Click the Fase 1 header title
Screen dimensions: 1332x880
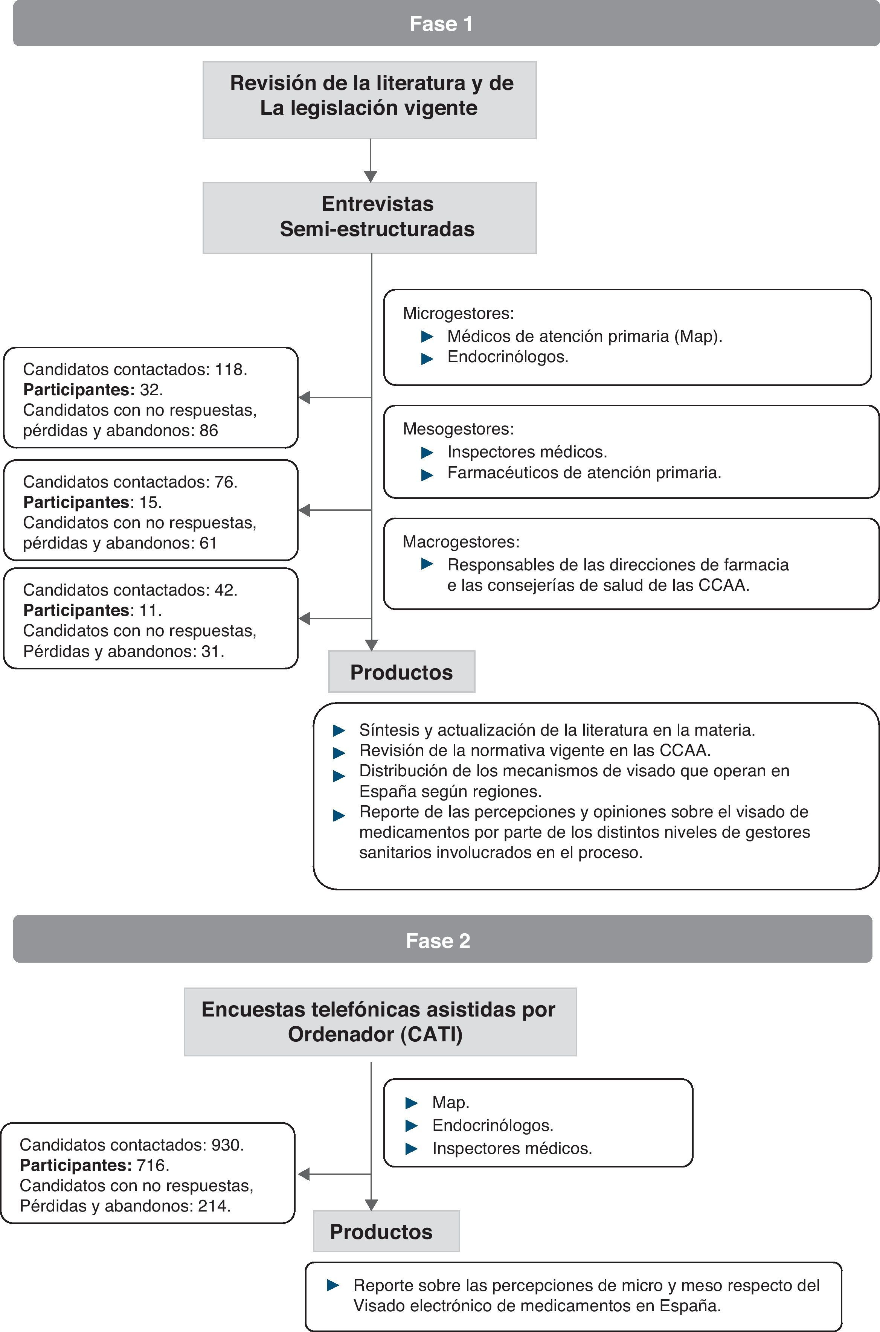441,24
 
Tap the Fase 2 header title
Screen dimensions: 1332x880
438,940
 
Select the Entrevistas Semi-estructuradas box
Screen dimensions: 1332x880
369,217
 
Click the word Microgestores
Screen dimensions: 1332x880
458,313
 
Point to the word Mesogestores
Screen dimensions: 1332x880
458,429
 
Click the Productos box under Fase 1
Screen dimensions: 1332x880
401,672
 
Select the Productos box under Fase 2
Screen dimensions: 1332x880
386,1231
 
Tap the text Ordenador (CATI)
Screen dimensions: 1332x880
375,1034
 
